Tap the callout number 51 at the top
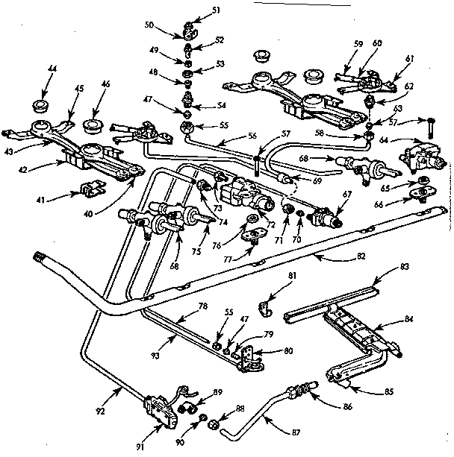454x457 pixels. coord(196,10)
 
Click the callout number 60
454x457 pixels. coord(377,44)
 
